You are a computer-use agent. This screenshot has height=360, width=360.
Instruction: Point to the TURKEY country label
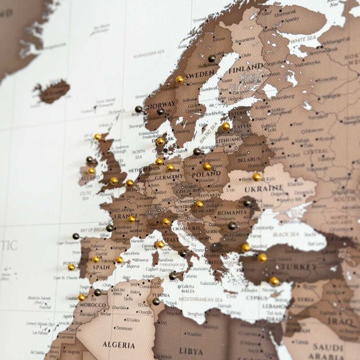[298, 267]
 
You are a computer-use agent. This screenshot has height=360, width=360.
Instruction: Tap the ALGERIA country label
[118, 345]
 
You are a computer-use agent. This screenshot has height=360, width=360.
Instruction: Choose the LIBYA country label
[191, 350]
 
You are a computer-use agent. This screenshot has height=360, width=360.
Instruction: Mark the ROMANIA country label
[232, 213]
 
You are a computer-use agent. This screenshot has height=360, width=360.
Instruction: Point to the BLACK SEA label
[287, 234]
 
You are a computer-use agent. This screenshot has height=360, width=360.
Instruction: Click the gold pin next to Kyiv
[256, 177]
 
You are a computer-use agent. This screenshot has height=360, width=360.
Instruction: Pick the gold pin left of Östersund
[180, 80]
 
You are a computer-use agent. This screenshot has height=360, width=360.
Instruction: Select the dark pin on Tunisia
[156, 301]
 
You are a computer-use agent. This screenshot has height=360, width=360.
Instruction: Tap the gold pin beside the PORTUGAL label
[72, 267]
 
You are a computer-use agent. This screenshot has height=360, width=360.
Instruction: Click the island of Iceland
[53, 91]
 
